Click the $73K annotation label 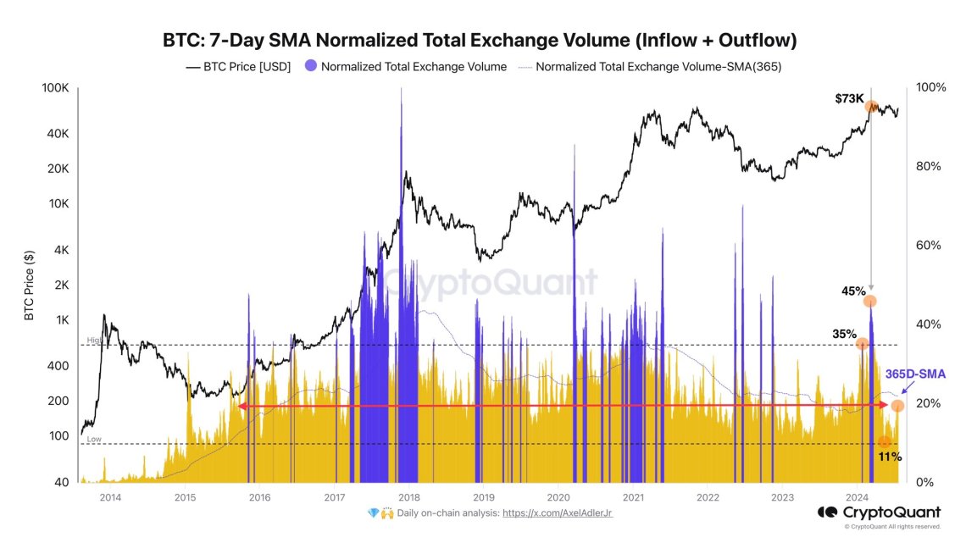click(x=849, y=99)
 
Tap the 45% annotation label click(x=852, y=291)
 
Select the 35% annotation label click(x=844, y=334)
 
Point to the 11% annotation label click(x=889, y=457)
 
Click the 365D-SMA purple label click(x=915, y=374)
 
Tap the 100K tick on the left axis click(x=56, y=88)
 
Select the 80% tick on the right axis click(x=930, y=167)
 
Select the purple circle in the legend click(x=310, y=66)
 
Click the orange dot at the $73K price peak click(x=871, y=107)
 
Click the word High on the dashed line click(x=94, y=341)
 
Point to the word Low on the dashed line click(x=93, y=440)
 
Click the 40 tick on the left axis click(x=63, y=482)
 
